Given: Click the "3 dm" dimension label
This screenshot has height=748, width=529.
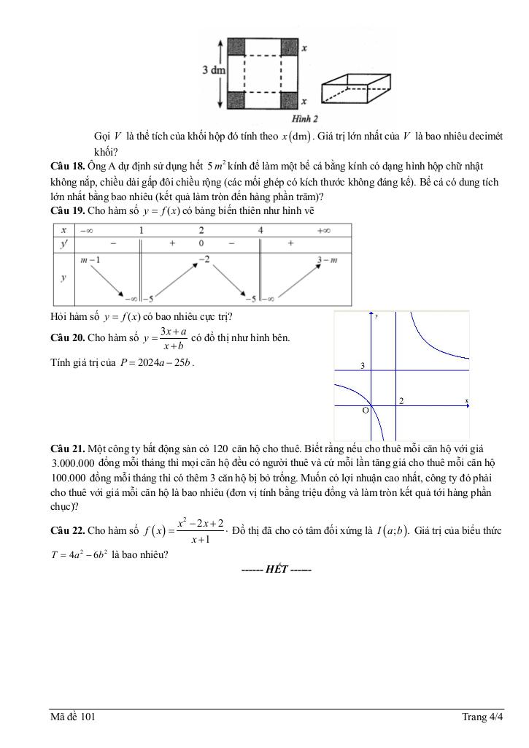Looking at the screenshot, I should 214,70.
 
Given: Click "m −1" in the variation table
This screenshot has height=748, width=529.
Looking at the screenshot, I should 91,261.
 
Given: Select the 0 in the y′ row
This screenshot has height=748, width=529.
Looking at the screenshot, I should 201,243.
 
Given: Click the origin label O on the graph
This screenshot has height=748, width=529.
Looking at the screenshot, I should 366,411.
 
